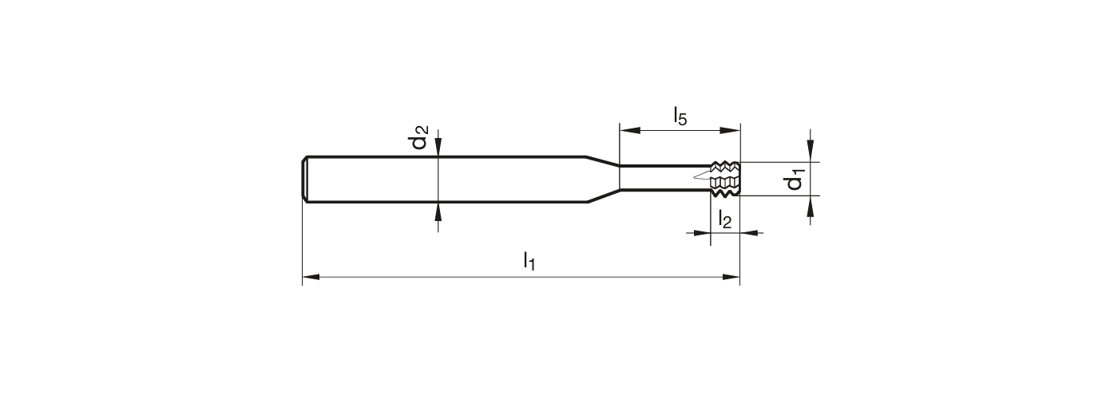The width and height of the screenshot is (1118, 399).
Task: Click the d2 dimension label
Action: (x=420, y=137)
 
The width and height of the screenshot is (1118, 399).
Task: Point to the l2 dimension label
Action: (x=724, y=219)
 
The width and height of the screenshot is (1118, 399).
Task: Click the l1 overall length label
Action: (x=529, y=260)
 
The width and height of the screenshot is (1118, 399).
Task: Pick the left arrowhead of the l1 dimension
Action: (x=310, y=278)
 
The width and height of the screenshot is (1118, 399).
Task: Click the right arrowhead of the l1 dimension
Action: (x=732, y=278)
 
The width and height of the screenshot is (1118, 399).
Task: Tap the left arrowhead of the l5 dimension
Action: (x=627, y=130)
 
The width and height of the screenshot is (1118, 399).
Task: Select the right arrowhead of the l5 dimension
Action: (x=732, y=130)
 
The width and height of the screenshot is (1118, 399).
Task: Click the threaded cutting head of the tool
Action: (x=725, y=178)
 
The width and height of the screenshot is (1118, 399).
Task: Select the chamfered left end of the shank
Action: (x=306, y=179)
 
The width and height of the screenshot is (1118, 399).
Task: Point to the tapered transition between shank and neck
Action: (x=603, y=179)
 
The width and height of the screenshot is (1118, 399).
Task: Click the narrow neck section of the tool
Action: (x=659, y=178)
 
